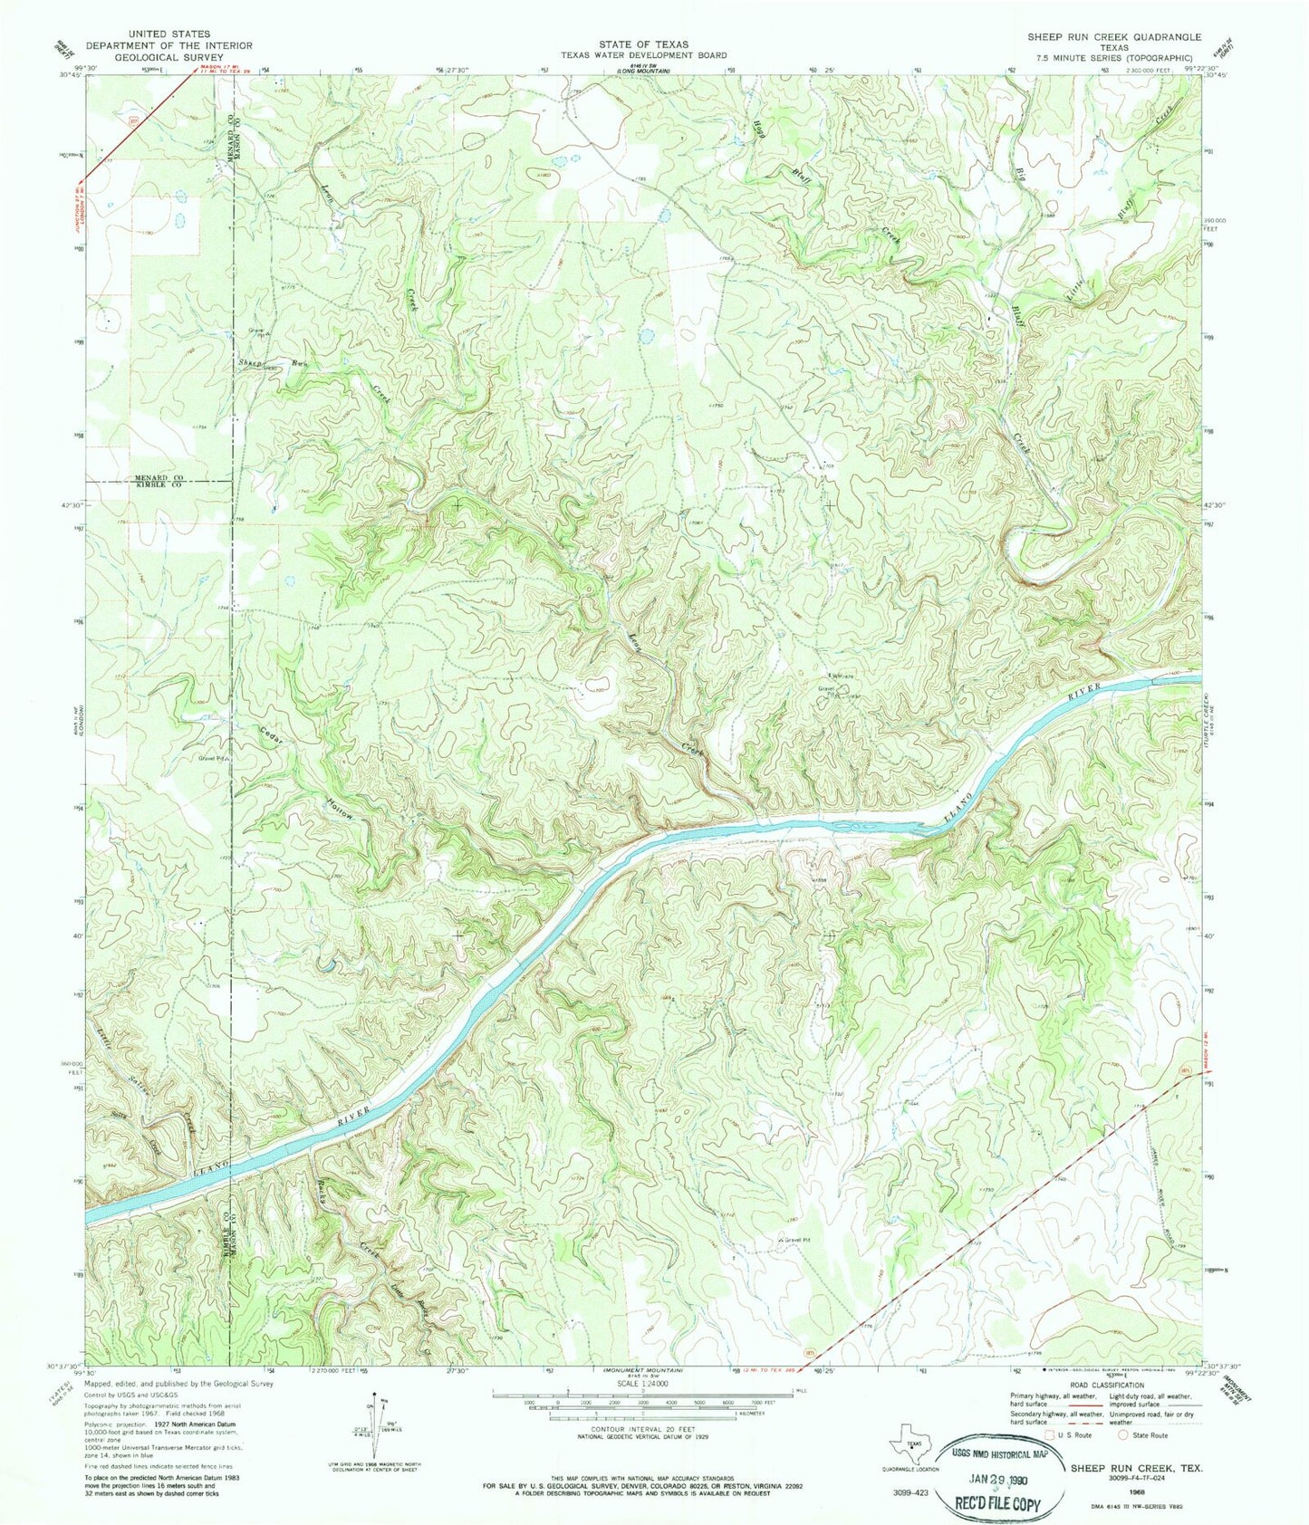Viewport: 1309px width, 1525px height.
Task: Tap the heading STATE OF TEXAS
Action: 643,43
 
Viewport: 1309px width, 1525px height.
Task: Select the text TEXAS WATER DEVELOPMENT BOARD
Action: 643,54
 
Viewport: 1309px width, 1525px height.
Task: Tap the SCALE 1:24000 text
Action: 643,1385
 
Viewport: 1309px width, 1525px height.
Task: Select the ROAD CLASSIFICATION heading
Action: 1108,1385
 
